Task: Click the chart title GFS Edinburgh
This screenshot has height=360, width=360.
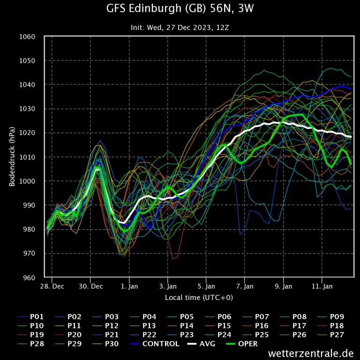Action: point(180,9)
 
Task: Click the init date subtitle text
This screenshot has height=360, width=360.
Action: point(180,28)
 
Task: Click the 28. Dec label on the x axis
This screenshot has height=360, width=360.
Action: point(52,286)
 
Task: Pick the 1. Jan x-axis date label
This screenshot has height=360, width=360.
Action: point(129,286)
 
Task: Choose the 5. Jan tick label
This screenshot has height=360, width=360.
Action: point(206,286)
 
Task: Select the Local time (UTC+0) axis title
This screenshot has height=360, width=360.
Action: point(199,298)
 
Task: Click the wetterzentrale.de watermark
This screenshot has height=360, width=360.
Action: point(311,353)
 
